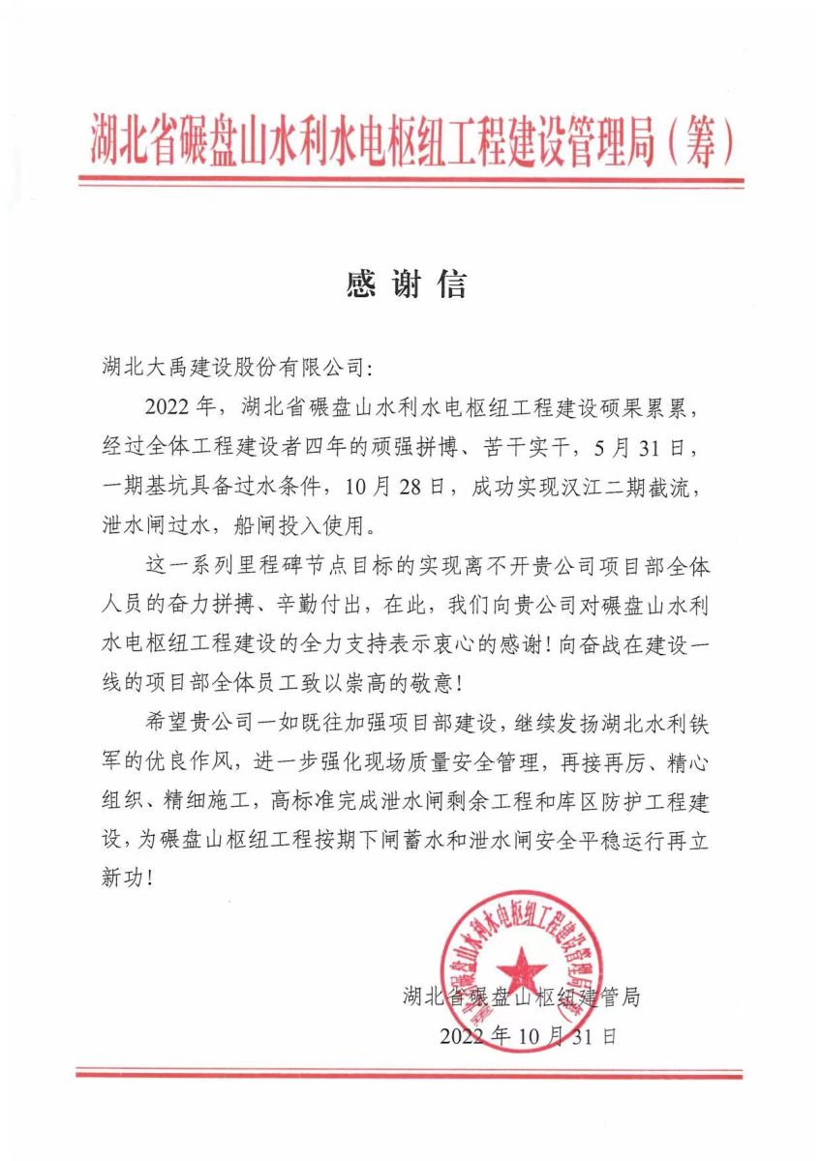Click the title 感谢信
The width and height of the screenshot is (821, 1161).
407,283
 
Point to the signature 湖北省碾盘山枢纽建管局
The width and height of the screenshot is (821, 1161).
521,997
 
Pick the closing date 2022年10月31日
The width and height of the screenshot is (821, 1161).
528,1036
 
